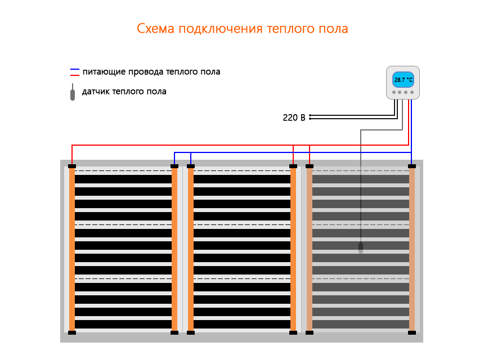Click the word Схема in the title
point(155,29)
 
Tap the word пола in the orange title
point(335,29)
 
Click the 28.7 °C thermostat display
point(403,80)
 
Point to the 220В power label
point(294,118)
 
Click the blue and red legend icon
point(74,72)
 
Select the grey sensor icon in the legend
point(72,92)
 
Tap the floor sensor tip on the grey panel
point(361,247)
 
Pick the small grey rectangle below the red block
point(381,152)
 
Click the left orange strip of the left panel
point(72,249)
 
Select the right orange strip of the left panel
point(174,249)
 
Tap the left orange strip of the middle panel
point(191,249)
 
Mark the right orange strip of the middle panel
point(293,249)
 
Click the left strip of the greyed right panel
point(310,249)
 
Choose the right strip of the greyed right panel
point(412,249)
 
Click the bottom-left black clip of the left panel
point(72,332)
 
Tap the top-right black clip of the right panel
point(412,166)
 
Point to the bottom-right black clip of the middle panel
point(293,332)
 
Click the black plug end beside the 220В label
point(310,117)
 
